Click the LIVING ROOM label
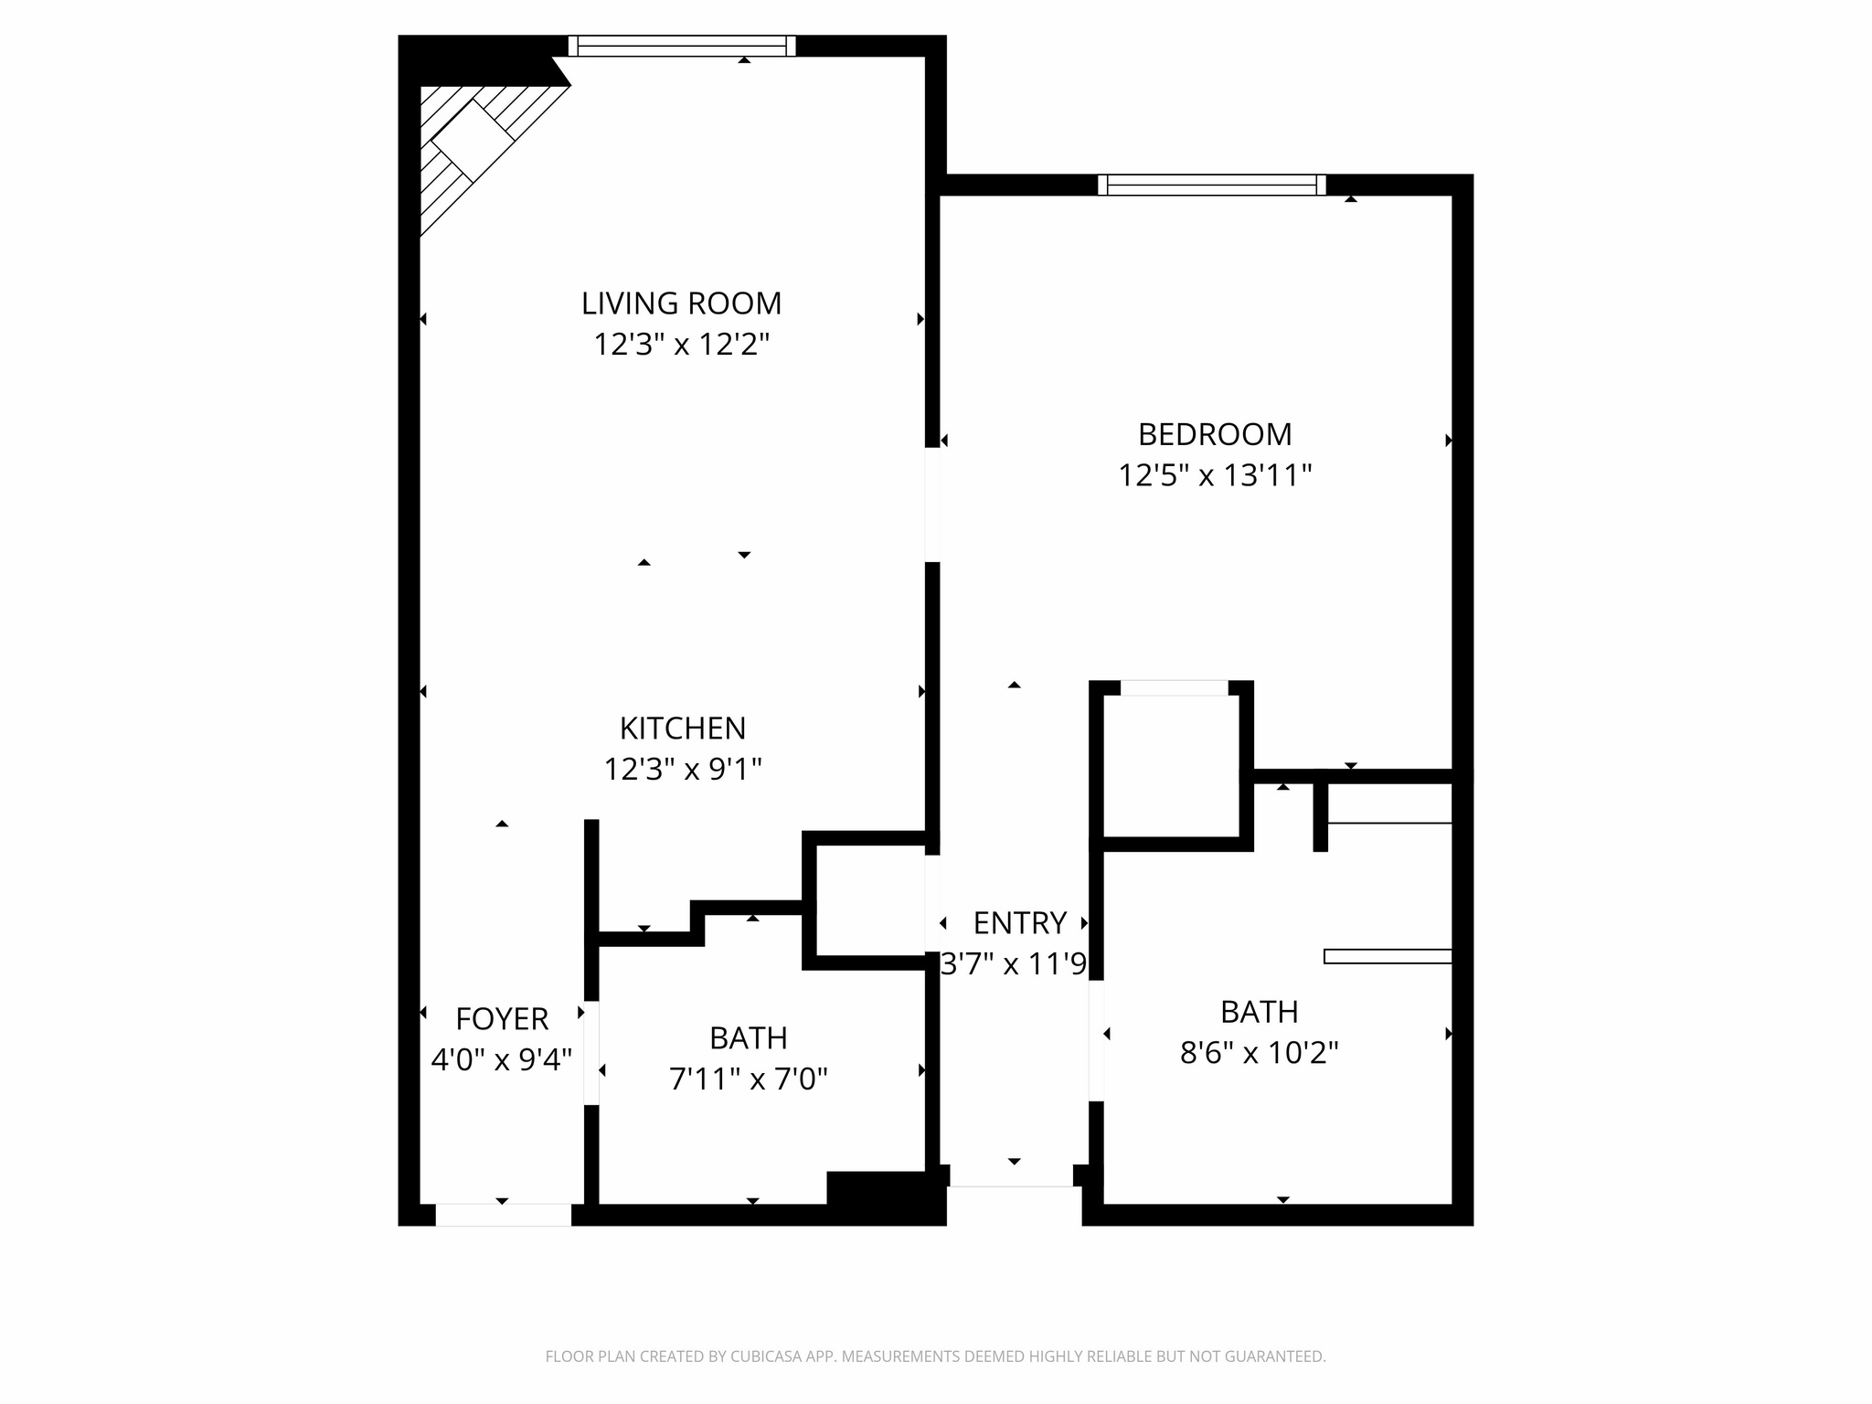[681, 303]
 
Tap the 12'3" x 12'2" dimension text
[681, 345]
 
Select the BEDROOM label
[1214, 434]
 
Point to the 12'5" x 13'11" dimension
[1214, 475]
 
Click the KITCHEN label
[683, 729]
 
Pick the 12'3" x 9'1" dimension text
[683, 770]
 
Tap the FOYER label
[502, 1018]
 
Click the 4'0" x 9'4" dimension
[502, 1059]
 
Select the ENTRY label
[1019, 923]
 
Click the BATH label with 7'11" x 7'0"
[748, 1038]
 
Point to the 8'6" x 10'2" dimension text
[1259, 1053]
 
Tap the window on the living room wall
[682, 46]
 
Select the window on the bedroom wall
[1211, 185]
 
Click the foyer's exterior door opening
[503, 1215]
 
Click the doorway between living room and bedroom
[932, 505]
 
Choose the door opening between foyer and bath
[591, 1053]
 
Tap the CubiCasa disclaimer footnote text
[935, 1356]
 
